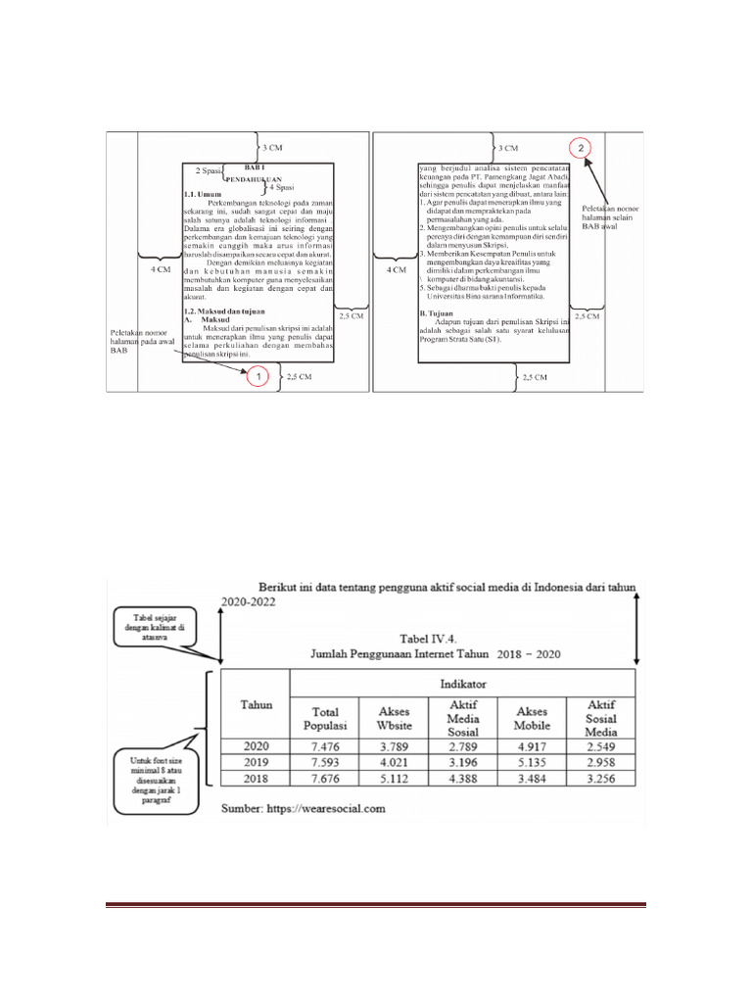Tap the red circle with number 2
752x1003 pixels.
583,148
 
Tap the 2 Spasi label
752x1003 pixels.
210,170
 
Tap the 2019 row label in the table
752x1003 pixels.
256,760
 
